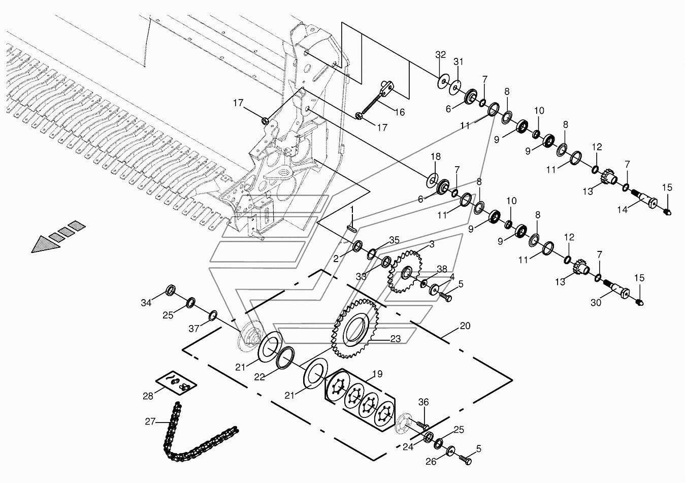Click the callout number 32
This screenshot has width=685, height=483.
point(440,55)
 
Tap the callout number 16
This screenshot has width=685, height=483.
point(400,112)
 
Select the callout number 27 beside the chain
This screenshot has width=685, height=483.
point(150,422)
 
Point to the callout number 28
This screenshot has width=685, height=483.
point(148,396)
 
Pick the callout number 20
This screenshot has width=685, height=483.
point(465,326)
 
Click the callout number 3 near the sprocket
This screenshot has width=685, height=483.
point(432,244)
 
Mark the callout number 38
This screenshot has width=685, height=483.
point(442,269)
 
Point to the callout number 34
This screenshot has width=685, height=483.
point(146,303)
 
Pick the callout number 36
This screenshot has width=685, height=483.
point(423,402)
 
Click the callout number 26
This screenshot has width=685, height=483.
point(431,462)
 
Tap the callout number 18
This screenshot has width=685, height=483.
point(436,156)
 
